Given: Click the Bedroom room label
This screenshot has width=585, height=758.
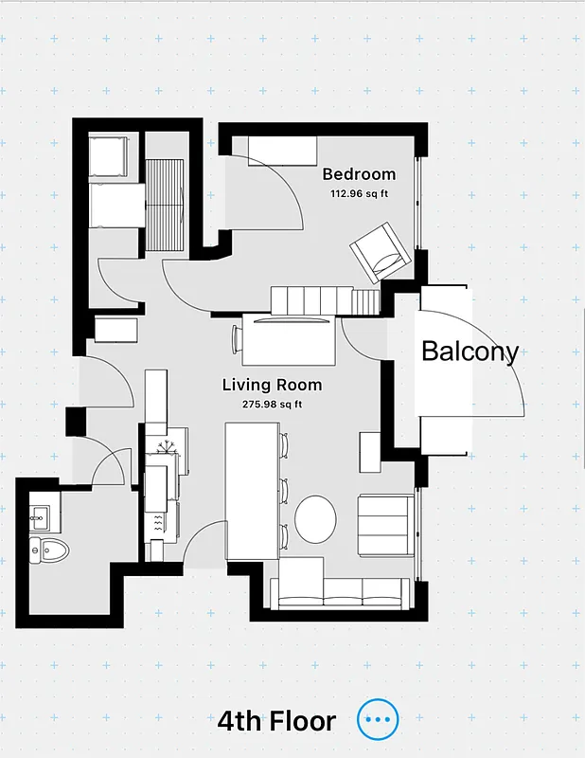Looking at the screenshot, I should [359, 174].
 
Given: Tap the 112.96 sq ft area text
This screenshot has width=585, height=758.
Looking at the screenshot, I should [359, 194].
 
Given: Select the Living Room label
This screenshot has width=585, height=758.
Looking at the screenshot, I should [272, 385].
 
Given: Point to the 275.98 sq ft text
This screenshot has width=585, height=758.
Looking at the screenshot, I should [272, 405].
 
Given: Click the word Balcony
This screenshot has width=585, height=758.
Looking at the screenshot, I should [470, 352].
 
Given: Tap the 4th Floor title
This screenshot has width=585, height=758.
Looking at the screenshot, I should [276, 721].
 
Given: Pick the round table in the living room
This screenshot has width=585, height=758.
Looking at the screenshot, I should [315, 518].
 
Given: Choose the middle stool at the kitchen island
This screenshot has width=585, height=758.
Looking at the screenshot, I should [283, 490].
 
